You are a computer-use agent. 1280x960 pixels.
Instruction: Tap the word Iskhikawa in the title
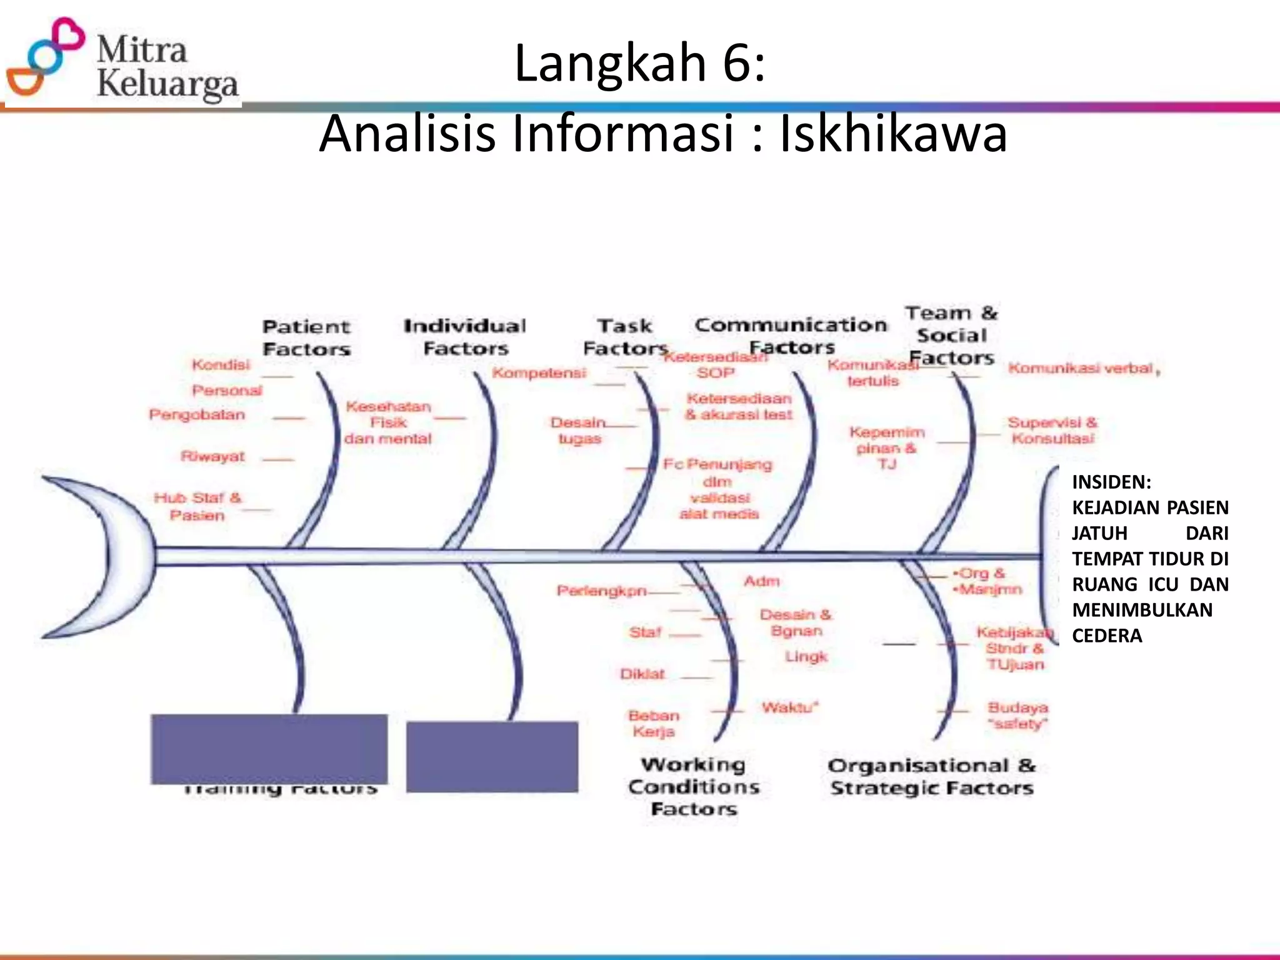pos(893,134)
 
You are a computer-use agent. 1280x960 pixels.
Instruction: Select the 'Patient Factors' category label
pos(306,337)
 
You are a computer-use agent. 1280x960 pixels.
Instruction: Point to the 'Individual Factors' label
pos(465,337)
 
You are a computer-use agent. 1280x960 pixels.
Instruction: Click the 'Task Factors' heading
pos(625,337)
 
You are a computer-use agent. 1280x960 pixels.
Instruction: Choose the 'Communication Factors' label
pos(791,336)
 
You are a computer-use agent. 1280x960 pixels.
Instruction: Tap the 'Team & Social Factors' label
pos(951,335)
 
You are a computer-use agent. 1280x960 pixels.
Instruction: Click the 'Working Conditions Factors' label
pos(694,786)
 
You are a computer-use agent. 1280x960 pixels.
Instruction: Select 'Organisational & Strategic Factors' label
pos(931,777)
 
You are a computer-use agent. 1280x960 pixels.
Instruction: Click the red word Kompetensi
pos(539,373)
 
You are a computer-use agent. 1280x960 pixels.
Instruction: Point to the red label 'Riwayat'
pos(212,456)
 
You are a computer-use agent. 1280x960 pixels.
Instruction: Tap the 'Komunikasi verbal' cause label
pos(1081,368)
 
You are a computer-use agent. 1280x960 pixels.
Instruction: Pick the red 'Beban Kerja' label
pos(654,723)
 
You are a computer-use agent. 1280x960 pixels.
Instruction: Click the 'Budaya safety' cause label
pos(1017,716)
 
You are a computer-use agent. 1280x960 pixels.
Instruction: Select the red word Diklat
pos(642,674)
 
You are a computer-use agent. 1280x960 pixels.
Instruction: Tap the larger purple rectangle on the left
pos(269,749)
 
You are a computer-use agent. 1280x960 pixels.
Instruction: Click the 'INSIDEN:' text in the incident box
pos(1112,482)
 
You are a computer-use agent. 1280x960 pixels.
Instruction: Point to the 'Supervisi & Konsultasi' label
pos(1052,430)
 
